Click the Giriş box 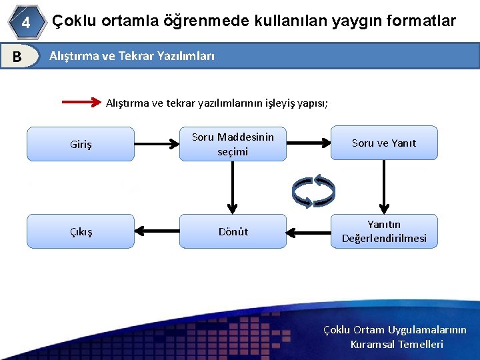81,144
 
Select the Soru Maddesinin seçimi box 233,144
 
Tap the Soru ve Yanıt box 384,143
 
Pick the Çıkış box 81,231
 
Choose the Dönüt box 233,231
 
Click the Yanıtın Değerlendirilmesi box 384,231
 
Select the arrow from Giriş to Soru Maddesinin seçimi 157,143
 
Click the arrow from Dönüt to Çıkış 157,231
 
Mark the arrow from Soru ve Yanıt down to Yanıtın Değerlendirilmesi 384,187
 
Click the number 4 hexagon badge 25,22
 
